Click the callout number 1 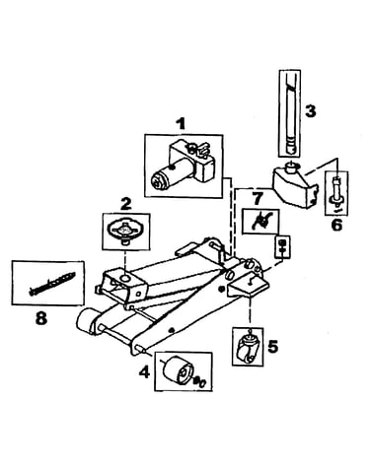(x=180, y=125)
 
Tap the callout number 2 (x=125, y=204)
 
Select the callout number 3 (x=310, y=111)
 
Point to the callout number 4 (x=145, y=372)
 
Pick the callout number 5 (x=272, y=346)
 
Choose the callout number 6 (x=336, y=225)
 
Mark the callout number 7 (x=258, y=199)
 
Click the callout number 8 (x=40, y=318)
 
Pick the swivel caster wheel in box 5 (x=249, y=348)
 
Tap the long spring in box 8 (x=52, y=283)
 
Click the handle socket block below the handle (x=295, y=185)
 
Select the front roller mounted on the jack (x=85, y=321)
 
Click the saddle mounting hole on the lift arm (x=126, y=278)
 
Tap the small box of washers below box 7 (x=282, y=247)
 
